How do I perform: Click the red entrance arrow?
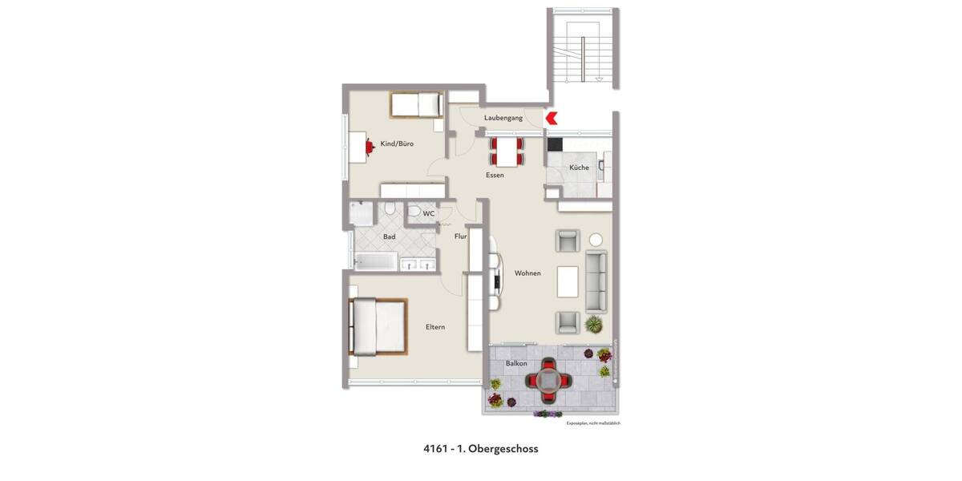click(x=552, y=119)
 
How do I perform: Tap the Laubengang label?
click(x=503, y=119)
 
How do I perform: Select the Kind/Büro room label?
click(x=397, y=144)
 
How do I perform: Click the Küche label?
click(x=579, y=168)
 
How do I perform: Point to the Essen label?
click(x=495, y=175)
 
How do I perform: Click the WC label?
click(x=429, y=214)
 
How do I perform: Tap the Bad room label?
click(x=389, y=237)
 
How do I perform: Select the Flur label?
click(x=460, y=236)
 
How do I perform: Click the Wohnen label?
click(x=527, y=273)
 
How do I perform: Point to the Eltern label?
click(x=435, y=327)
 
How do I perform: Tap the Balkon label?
click(x=516, y=364)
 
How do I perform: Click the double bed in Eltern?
click(x=378, y=326)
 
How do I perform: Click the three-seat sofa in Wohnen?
click(x=596, y=281)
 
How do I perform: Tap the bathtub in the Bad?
click(x=375, y=261)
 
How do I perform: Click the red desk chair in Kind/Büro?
click(x=370, y=146)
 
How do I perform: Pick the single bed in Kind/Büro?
click(x=416, y=105)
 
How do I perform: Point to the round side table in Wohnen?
click(x=596, y=239)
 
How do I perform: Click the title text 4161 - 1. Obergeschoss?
click(x=481, y=449)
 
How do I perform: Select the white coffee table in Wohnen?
click(x=568, y=281)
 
